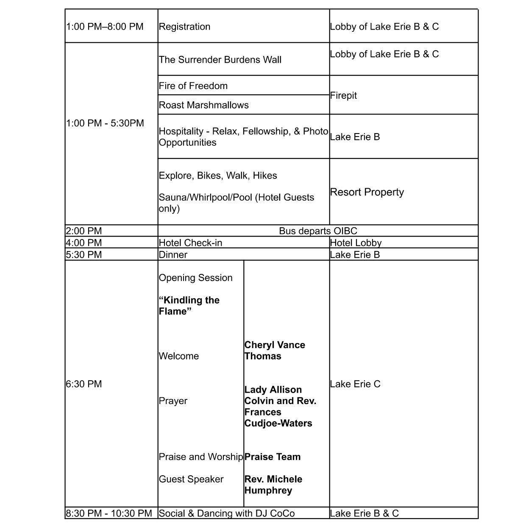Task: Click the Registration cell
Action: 184,27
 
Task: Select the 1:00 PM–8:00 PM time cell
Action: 105,27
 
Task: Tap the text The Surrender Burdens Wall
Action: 220,60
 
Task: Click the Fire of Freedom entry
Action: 193,86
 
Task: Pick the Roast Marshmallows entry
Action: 204,105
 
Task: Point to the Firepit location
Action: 343,96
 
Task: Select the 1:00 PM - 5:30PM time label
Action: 105,123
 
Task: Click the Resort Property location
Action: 367,192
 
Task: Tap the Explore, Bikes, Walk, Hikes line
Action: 218,176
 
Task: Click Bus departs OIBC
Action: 318,231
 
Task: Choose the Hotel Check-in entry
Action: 190,243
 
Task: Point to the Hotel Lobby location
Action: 356,243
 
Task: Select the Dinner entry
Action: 173,255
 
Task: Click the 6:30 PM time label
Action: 84,384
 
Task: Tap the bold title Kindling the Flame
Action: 189,306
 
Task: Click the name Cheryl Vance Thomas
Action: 275,351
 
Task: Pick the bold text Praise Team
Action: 273,457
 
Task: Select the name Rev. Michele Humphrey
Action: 273,485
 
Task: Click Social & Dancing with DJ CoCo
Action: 227,513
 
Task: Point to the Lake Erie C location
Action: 355,384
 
